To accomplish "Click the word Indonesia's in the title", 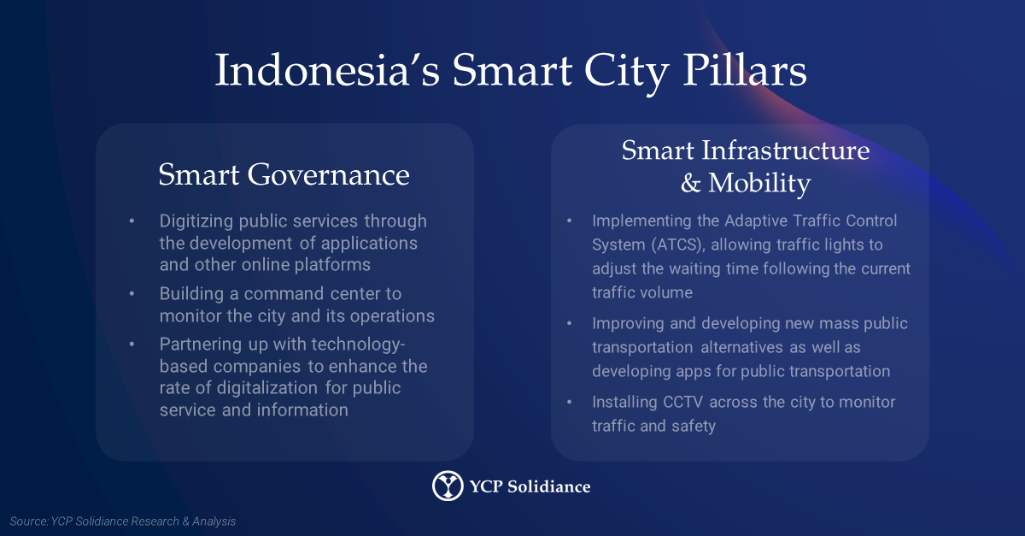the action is (327, 71).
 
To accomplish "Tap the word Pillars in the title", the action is (745, 71).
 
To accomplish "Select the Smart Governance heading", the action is (284, 174).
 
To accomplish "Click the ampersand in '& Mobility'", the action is (690, 183).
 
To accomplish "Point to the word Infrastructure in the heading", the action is (786, 150).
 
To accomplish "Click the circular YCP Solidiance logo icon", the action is (448, 486).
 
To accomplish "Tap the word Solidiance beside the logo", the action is (548, 486).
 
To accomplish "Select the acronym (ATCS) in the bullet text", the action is (678, 244).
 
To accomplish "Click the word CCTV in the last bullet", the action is (682, 403).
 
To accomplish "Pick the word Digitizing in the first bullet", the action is (196, 221).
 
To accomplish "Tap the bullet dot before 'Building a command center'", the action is (132, 294).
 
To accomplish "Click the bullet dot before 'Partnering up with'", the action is (132, 344).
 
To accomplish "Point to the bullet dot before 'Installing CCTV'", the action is (569, 403).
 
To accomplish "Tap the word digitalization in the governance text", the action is (267, 388).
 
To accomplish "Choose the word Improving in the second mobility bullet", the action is (629, 324).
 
